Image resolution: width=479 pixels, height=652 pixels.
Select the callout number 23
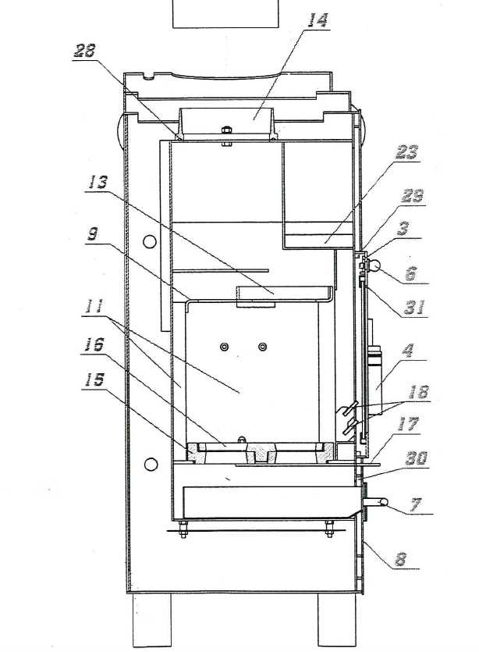pos(407,153)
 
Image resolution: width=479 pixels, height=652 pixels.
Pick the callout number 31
pos(415,308)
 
